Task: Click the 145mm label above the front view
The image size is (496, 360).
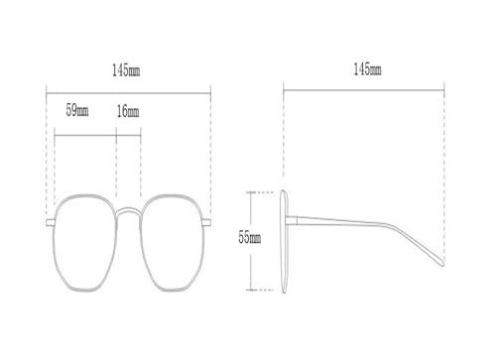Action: coord(127,70)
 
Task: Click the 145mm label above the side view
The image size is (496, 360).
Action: coord(366,69)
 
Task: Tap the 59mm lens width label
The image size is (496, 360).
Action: coord(77,110)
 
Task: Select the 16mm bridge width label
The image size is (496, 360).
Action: coord(128,110)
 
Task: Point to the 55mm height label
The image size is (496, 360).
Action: coord(249,238)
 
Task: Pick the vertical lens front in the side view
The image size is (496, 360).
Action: coord(284,238)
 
